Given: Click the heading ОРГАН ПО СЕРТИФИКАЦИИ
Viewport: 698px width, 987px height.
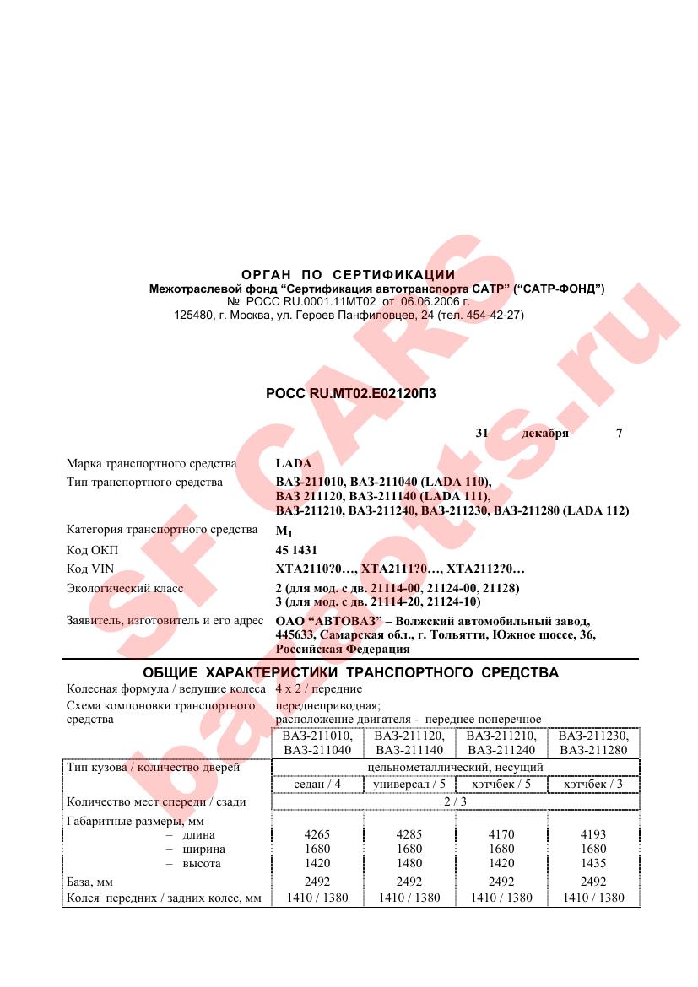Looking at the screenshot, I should [x=349, y=275].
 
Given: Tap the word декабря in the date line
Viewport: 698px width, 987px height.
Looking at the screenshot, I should [x=545, y=434].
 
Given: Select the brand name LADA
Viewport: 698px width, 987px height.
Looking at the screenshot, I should [x=294, y=464].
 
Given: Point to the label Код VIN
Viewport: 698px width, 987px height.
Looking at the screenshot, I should [x=89, y=569].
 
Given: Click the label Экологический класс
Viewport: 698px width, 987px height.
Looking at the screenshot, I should [x=125, y=588].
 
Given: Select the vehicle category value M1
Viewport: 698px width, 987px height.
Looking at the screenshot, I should [x=283, y=531].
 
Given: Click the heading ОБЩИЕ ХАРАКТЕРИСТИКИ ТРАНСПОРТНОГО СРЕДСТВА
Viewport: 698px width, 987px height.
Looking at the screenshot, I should [x=350, y=673].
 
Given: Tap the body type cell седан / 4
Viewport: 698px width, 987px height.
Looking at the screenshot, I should [x=317, y=785].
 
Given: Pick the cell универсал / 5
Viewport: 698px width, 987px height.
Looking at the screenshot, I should [x=409, y=785].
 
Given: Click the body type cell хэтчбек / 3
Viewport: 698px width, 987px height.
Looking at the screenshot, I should [x=592, y=785].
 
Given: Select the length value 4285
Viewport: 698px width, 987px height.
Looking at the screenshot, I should [x=409, y=834].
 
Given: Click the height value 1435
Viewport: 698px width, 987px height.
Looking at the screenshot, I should [x=592, y=863].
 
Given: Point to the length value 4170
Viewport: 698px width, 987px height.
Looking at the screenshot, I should [x=501, y=834].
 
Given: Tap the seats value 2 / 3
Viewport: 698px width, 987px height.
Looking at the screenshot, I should [x=455, y=801].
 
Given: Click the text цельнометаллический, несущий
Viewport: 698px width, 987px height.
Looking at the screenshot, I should [x=455, y=768].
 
